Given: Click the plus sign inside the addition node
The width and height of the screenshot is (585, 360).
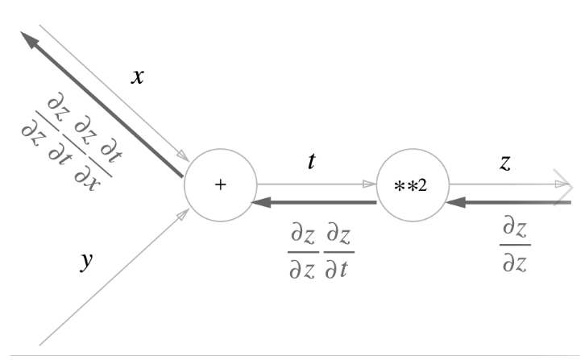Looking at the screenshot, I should (x=220, y=185).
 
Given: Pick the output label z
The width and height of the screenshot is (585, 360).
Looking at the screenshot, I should (x=505, y=162).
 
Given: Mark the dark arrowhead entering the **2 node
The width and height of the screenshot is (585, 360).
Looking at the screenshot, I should (x=454, y=202).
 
